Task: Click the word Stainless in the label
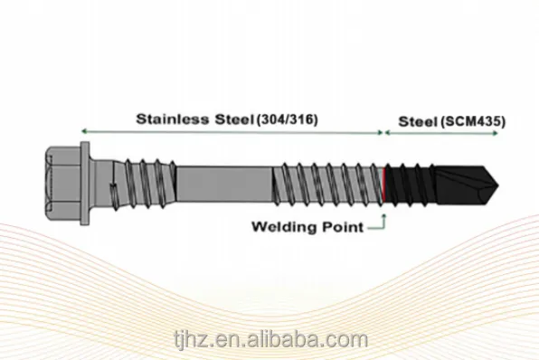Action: pyautogui.click(x=173, y=119)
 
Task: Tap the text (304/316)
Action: pyautogui.click(x=288, y=119)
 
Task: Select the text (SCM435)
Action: pyautogui.click(x=473, y=122)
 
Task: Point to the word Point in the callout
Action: pyautogui.click(x=343, y=227)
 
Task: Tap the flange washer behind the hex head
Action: pyautogui.click(x=85, y=184)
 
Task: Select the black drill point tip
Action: pyautogui.click(x=467, y=185)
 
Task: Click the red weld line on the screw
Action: pyautogui.click(x=383, y=185)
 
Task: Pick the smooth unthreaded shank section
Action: pyautogui.click(x=224, y=185)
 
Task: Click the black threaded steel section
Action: pyautogui.click(x=410, y=185)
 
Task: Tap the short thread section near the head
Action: pyautogui.click(x=146, y=184)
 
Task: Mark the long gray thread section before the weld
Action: pyautogui.click(x=327, y=185)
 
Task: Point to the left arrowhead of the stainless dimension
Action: pyautogui.click(x=83, y=131)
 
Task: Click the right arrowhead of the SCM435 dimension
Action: pyautogui.click(x=496, y=133)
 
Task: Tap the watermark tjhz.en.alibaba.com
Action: pyautogui.click(x=271, y=339)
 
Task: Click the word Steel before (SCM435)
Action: pyautogui.click(x=417, y=122)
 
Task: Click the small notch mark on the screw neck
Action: pyautogui.click(x=112, y=187)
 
